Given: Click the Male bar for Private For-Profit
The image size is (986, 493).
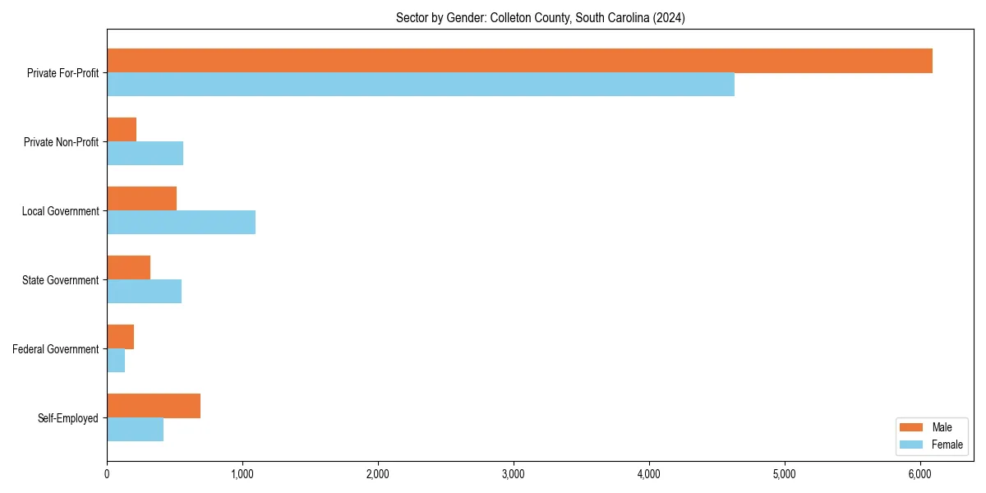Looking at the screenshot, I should [519, 61].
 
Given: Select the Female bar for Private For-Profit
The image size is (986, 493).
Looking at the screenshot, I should [421, 85].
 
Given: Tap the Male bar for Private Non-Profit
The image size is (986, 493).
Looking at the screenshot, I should [122, 130].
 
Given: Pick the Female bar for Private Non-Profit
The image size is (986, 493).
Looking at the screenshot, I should [145, 154].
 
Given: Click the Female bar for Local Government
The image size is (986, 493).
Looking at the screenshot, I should [181, 223].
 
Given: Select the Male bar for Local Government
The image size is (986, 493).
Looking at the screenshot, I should [141, 199].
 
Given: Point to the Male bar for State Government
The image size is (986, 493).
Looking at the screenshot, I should [128, 268].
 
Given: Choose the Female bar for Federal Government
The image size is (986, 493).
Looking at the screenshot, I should [116, 361].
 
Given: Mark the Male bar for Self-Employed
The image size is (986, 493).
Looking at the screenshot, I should [154, 406].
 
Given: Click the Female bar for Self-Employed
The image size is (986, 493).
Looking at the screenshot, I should [135, 430].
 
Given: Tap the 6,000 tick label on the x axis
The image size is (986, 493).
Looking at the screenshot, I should [920, 474].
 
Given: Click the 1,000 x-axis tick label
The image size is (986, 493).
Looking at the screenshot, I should [242, 474].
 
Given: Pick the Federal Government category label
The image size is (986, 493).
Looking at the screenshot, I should [56, 349].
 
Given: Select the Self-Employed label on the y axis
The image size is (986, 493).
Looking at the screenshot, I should [68, 418].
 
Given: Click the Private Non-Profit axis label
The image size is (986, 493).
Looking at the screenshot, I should [61, 142].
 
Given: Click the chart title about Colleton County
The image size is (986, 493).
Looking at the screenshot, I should [540, 17].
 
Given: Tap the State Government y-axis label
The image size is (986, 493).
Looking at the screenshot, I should [61, 280].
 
